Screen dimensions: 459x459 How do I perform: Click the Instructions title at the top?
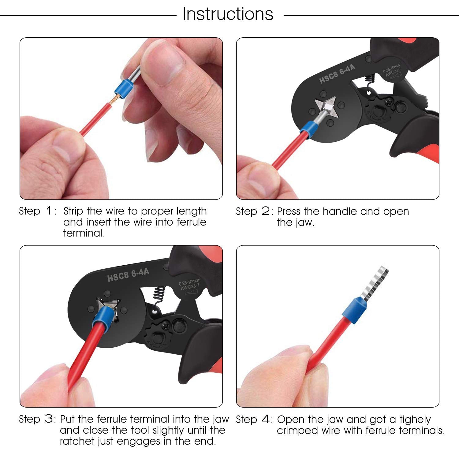tap(228, 14)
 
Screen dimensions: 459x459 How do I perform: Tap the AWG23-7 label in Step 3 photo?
tap(190, 287)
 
